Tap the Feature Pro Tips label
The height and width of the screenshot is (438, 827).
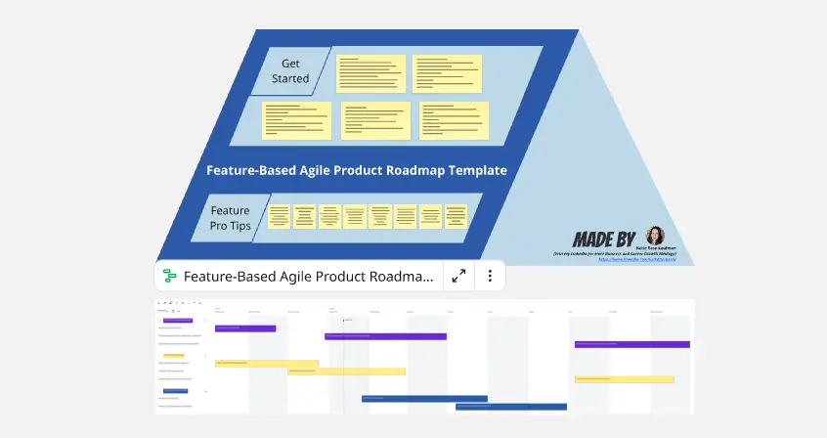(231, 217)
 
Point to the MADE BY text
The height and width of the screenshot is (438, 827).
(604, 239)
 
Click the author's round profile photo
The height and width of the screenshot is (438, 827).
(655, 236)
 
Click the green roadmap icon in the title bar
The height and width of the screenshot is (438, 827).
(169, 277)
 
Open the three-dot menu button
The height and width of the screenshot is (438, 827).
(488, 277)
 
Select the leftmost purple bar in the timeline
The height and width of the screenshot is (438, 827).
(244, 328)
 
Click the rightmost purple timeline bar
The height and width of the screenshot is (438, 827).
(631, 344)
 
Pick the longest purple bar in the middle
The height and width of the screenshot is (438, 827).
(385, 336)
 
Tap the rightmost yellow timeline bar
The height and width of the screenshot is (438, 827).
(624, 379)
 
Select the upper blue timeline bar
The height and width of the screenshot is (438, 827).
(424, 398)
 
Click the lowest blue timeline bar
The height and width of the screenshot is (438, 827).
(510, 407)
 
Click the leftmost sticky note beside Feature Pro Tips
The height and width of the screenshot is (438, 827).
(280, 216)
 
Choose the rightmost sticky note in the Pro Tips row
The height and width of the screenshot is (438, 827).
(457, 216)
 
